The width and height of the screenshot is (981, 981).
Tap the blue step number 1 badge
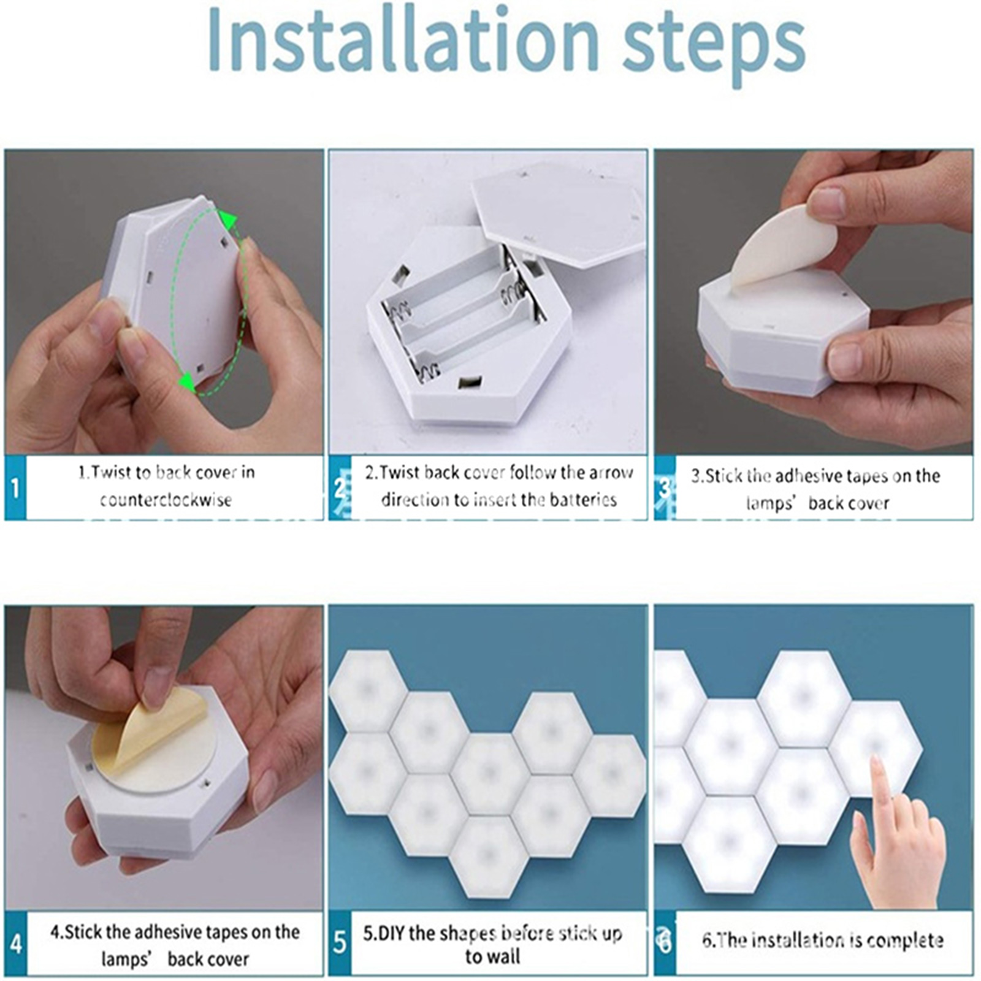(15, 489)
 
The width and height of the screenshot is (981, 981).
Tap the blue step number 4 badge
(15, 943)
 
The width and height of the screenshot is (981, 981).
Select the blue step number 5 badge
(340, 943)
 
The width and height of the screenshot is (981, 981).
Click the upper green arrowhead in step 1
(229, 219)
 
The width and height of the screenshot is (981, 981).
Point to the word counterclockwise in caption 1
(166, 500)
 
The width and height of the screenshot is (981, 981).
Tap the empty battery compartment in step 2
(463, 313)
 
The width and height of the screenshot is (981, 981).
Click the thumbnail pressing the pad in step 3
(828, 202)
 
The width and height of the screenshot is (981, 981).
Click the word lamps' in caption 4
(126, 958)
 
